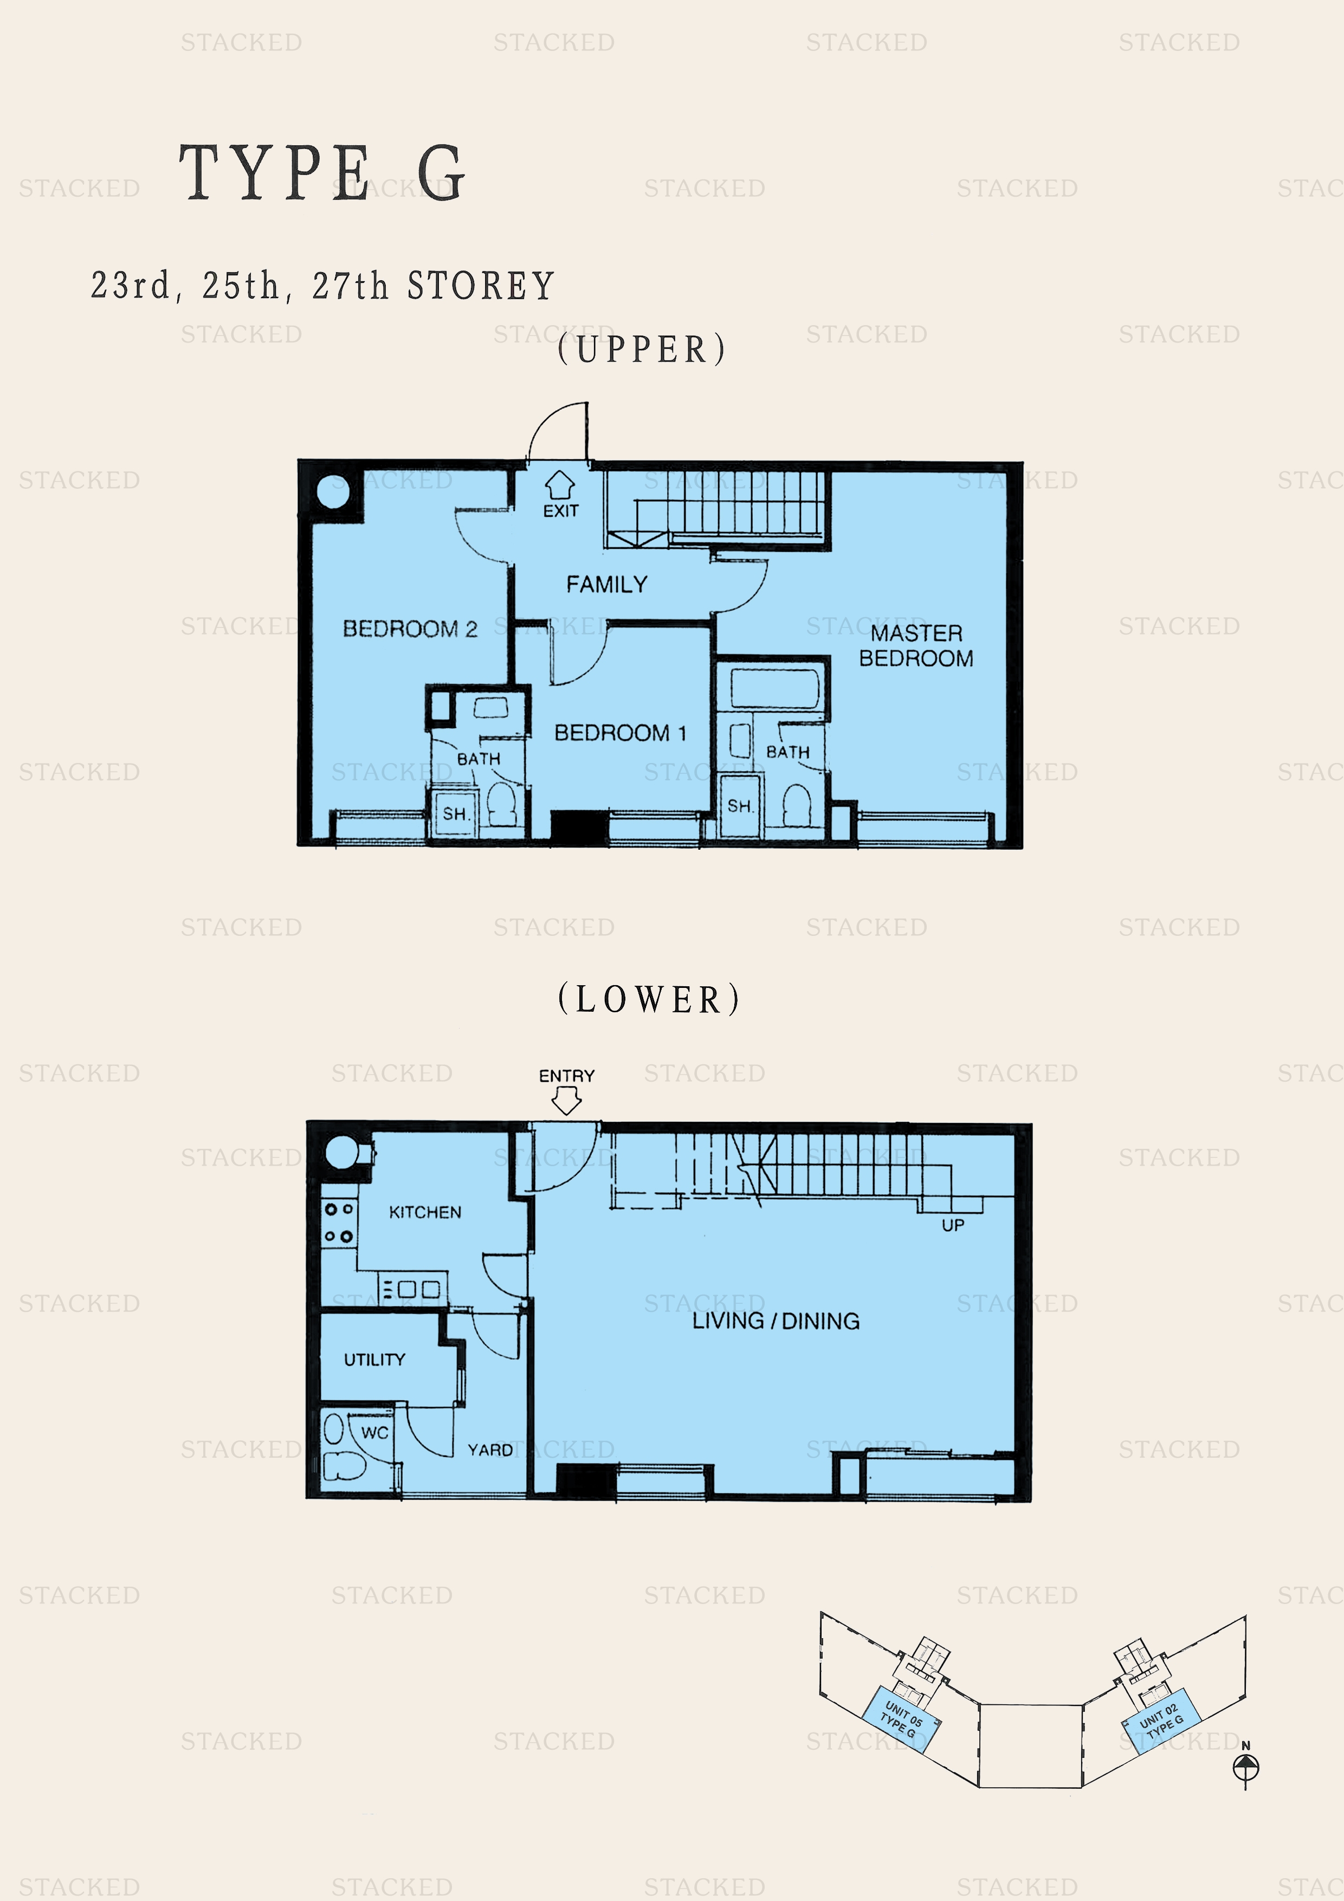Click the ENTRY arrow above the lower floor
[566, 1101]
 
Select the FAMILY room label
[606, 585]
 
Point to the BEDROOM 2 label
[410, 629]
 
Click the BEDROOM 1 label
[620, 733]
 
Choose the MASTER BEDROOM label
[916, 646]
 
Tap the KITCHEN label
[425, 1212]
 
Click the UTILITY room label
[374, 1360]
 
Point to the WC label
[374, 1432]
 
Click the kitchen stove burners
[339, 1223]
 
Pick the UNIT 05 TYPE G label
[901, 1719]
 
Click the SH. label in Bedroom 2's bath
[455, 814]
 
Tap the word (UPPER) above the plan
[642, 350]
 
